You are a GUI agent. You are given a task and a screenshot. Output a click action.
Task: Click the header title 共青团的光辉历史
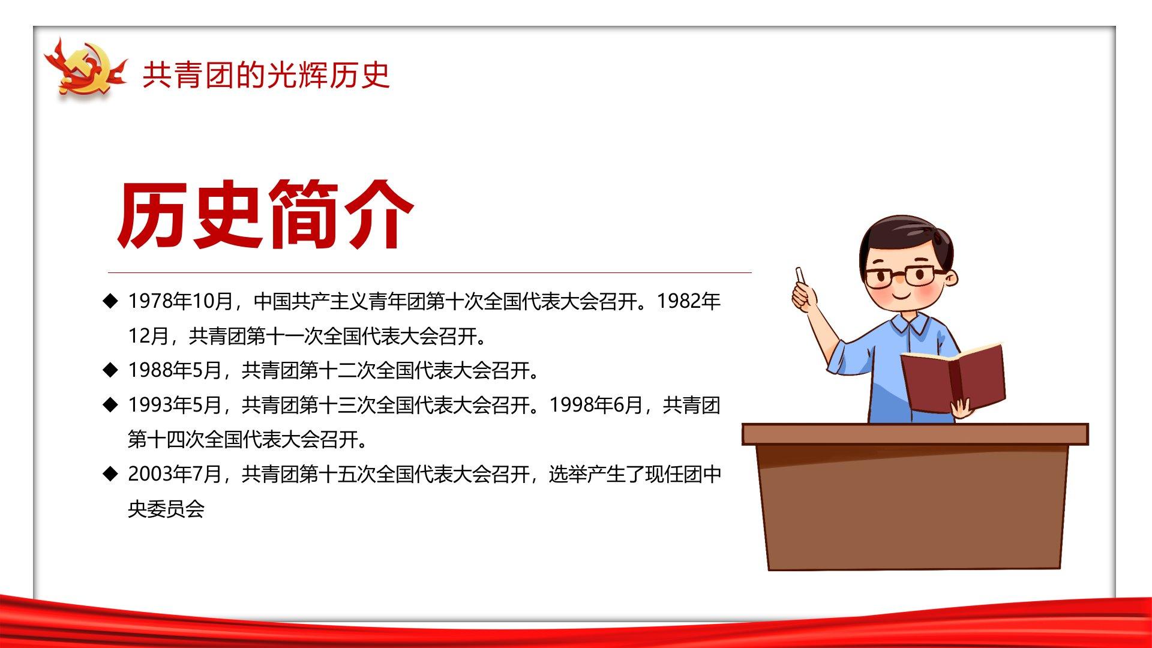266,75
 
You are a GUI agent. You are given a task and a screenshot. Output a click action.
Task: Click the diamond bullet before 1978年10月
110,301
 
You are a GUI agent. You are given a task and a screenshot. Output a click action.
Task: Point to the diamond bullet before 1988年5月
110,370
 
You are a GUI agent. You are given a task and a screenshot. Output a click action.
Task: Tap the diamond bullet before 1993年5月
110,405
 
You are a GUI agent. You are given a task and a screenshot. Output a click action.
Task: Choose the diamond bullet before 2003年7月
110,475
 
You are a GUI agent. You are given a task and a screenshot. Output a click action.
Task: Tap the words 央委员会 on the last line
166,509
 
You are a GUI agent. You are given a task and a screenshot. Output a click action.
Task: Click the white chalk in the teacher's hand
800,275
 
